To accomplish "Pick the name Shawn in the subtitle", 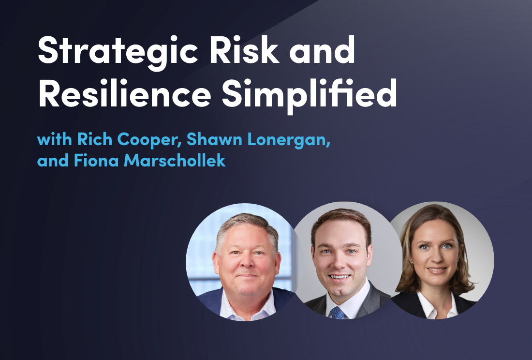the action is click(214, 139).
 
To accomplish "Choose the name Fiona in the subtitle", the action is click(96, 160).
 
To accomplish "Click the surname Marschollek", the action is click(175, 160).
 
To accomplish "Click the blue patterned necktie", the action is click(337, 313).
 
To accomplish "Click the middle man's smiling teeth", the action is click(340, 276).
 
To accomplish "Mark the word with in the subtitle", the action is click(54, 139).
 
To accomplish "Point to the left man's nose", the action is click(247, 262).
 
